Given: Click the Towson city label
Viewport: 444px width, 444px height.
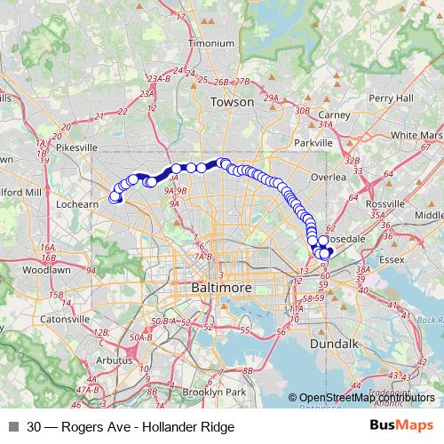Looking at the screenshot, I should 232,102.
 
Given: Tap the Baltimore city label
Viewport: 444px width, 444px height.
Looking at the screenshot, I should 221,289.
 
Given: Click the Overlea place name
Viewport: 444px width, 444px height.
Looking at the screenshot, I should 329,177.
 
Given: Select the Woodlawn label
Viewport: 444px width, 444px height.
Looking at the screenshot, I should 39,268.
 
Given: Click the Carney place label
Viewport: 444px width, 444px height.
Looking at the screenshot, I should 333,115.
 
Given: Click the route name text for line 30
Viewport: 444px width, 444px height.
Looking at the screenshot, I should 131,427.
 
